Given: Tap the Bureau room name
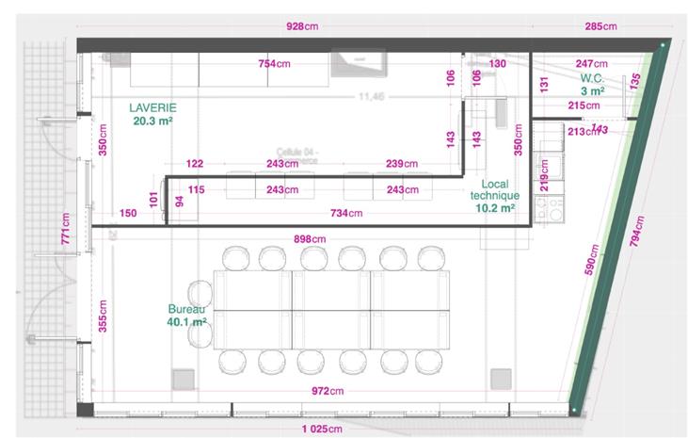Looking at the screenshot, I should pyautogui.click(x=186, y=309).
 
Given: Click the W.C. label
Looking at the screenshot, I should pyautogui.click(x=592, y=77).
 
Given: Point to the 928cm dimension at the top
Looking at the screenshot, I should pyautogui.click(x=302, y=27).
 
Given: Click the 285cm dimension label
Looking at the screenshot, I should pyautogui.click(x=600, y=27).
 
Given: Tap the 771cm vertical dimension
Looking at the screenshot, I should pyautogui.click(x=66, y=227).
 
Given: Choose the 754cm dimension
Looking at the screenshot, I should pyautogui.click(x=274, y=63).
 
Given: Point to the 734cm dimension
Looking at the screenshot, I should pyautogui.click(x=346, y=214).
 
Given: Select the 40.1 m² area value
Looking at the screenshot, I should pyautogui.click(x=188, y=322).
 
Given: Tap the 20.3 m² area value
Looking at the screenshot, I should pyautogui.click(x=152, y=122).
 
